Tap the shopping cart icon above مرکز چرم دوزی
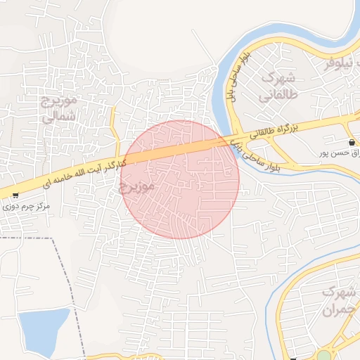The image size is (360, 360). click(15, 195)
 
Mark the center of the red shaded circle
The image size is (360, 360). click(180, 179)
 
